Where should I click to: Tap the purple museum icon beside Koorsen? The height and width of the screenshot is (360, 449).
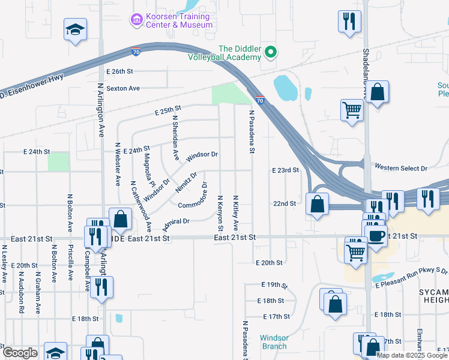click(x=136, y=20)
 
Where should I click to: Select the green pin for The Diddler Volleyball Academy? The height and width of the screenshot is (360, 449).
click(x=270, y=53)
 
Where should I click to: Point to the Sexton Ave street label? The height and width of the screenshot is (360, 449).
click(x=123, y=88)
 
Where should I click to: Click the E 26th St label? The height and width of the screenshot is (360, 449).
click(x=119, y=71)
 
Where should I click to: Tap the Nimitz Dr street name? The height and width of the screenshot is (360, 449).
click(x=186, y=183)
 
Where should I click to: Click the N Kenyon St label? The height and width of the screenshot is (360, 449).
click(x=220, y=213)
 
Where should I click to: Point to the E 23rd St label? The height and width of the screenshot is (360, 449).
click(x=285, y=170)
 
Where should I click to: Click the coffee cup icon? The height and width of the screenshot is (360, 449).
click(x=376, y=236)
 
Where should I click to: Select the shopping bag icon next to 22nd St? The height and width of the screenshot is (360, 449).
click(x=316, y=204)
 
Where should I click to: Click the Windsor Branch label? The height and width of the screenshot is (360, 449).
click(x=274, y=341)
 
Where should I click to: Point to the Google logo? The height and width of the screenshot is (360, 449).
click(x=20, y=353)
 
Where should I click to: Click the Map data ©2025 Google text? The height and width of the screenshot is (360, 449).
click(x=411, y=355)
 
